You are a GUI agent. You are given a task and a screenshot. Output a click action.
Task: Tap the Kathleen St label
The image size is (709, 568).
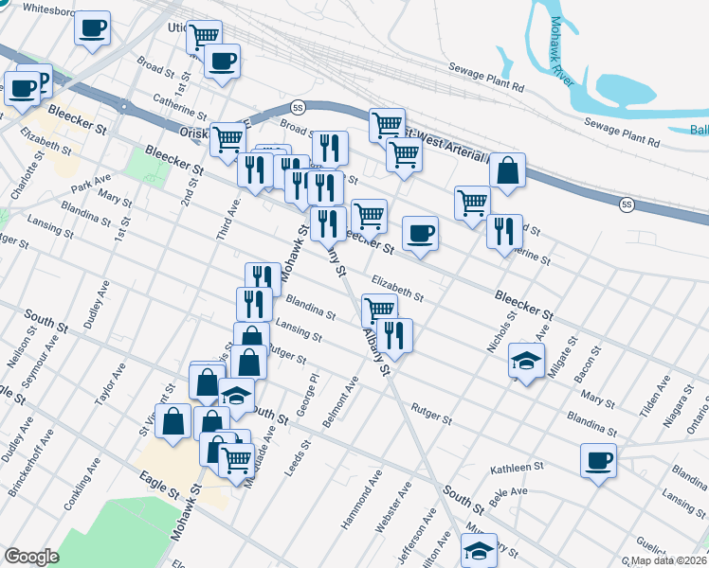pyautogui.click(x=517, y=468)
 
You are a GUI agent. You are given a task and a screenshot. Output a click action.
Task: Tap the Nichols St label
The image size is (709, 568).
pyautogui.click(x=500, y=331)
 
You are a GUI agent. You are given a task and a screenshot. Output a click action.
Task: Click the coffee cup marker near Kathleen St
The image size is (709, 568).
pyautogui.click(x=598, y=461)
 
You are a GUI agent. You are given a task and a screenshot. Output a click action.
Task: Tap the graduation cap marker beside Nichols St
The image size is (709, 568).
pyautogui.click(x=527, y=359)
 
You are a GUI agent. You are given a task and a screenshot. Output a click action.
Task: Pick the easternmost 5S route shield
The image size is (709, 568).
pyautogui.click(x=627, y=204)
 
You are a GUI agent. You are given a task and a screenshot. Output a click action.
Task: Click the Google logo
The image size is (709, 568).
pyautogui.click(x=30, y=557)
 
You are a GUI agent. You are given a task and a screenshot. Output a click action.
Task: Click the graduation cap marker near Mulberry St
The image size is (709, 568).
pyautogui.click(x=479, y=550)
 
